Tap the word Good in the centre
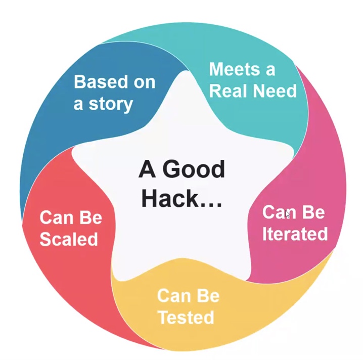click(x=194, y=169)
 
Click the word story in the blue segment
click(x=110, y=104)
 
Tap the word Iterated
click(x=295, y=234)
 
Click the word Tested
click(x=185, y=318)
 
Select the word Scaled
click(x=69, y=239)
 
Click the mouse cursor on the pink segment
click(x=287, y=213)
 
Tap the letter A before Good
click(x=147, y=169)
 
